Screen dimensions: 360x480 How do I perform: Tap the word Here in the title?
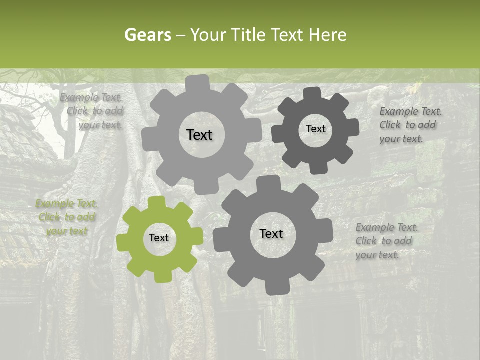pyautogui.click(x=328, y=35)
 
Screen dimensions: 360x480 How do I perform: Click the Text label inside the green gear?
pyautogui.click(x=159, y=238)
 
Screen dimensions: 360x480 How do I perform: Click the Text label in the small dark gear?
pyautogui.click(x=315, y=129)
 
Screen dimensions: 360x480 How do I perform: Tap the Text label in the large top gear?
pyautogui.click(x=199, y=135)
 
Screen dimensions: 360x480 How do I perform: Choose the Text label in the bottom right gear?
pyautogui.click(x=271, y=233)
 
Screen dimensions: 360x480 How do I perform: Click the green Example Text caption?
pyautogui.click(x=67, y=217)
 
